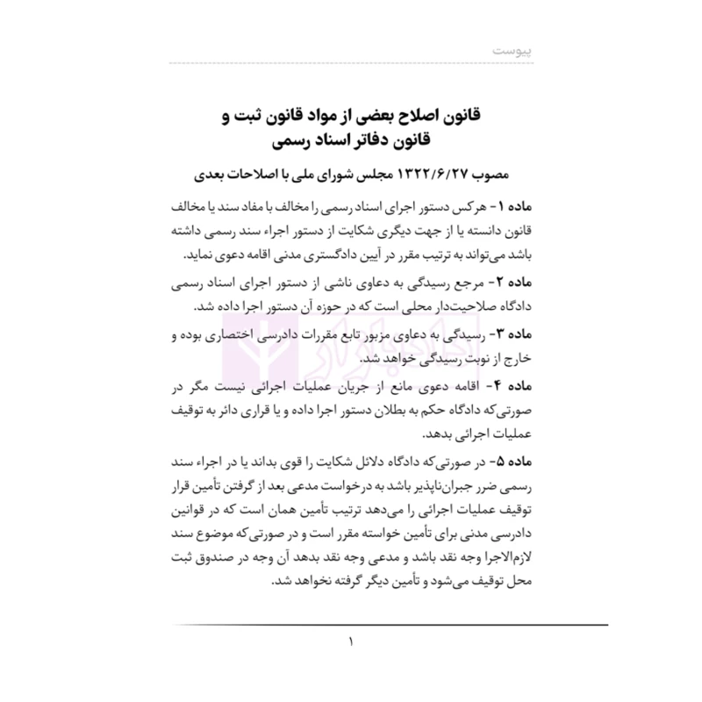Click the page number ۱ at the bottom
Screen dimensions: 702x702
click(351, 646)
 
